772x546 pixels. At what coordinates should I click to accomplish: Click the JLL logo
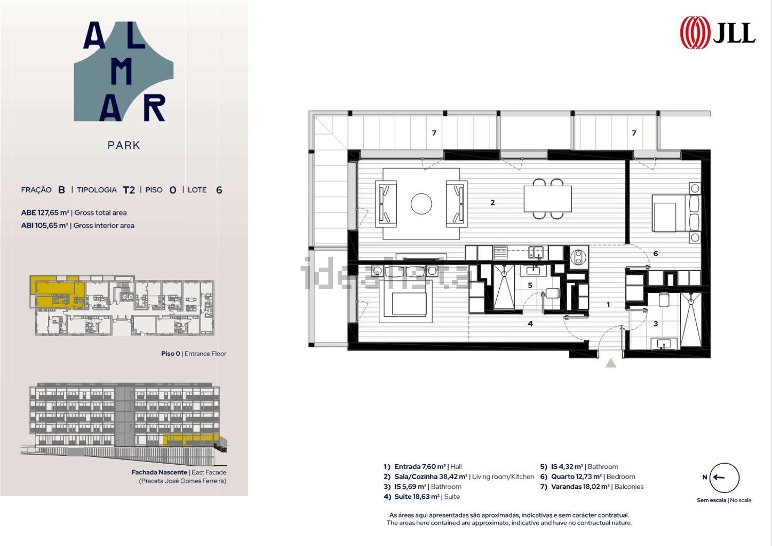point(717,33)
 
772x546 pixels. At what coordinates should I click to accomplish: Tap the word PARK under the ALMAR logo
point(124,145)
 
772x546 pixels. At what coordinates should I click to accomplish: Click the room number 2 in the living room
point(493,202)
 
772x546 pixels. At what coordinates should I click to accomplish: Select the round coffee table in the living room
point(421,204)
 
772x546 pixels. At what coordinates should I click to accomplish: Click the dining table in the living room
point(548,199)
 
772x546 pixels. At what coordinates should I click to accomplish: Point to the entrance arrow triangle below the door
point(611,363)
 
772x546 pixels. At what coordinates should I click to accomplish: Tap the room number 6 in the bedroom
point(656,254)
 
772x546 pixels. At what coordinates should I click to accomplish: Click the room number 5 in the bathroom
point(530,285)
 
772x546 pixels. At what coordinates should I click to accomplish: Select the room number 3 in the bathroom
point(656,324)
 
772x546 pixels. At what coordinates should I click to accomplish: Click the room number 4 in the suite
point(530,324)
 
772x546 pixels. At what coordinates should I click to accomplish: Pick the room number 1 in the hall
point(608,304)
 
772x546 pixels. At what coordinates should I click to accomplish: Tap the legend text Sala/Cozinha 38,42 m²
point(431,477)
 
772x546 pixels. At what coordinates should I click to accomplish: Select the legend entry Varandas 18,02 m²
point(581,487)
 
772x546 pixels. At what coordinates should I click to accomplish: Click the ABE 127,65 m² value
point(45,213)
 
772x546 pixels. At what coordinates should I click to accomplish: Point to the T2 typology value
point(129,190)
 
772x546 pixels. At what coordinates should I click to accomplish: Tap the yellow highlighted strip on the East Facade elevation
point(190,439)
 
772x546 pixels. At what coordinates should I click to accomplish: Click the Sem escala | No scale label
point(724,500)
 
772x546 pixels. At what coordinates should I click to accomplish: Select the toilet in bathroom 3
point(663,300)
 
